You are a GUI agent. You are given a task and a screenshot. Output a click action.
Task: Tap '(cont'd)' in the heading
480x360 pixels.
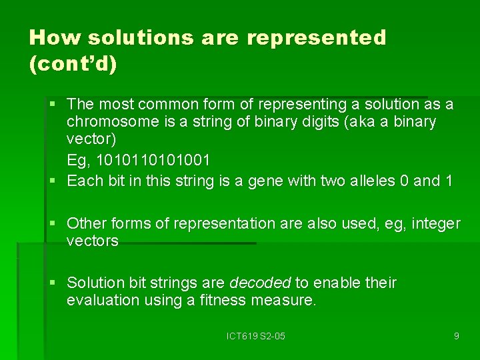[x=73, y=64]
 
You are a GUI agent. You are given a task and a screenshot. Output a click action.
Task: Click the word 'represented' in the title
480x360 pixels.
[x=316, y=37]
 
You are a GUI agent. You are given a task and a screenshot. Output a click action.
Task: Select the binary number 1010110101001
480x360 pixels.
[x=153, y=161]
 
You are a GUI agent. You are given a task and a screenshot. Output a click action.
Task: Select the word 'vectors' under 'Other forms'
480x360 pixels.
[x=92, y=241]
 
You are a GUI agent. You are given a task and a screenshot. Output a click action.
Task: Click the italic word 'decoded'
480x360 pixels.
[x=260, y=283]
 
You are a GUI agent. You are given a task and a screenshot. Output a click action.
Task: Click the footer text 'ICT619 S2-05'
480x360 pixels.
[x=256, y=336]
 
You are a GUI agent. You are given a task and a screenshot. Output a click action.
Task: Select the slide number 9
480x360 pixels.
[x=456, y=336]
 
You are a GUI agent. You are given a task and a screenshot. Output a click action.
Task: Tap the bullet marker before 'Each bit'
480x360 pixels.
[x=53, y=181]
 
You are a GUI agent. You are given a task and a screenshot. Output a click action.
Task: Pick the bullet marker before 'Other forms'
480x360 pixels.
[x=53, y=223]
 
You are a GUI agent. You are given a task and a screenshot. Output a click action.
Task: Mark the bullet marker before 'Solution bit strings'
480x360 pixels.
[x=53, y=283]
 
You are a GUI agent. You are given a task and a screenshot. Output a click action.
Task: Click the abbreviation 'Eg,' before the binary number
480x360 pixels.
[x=79, y=161]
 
